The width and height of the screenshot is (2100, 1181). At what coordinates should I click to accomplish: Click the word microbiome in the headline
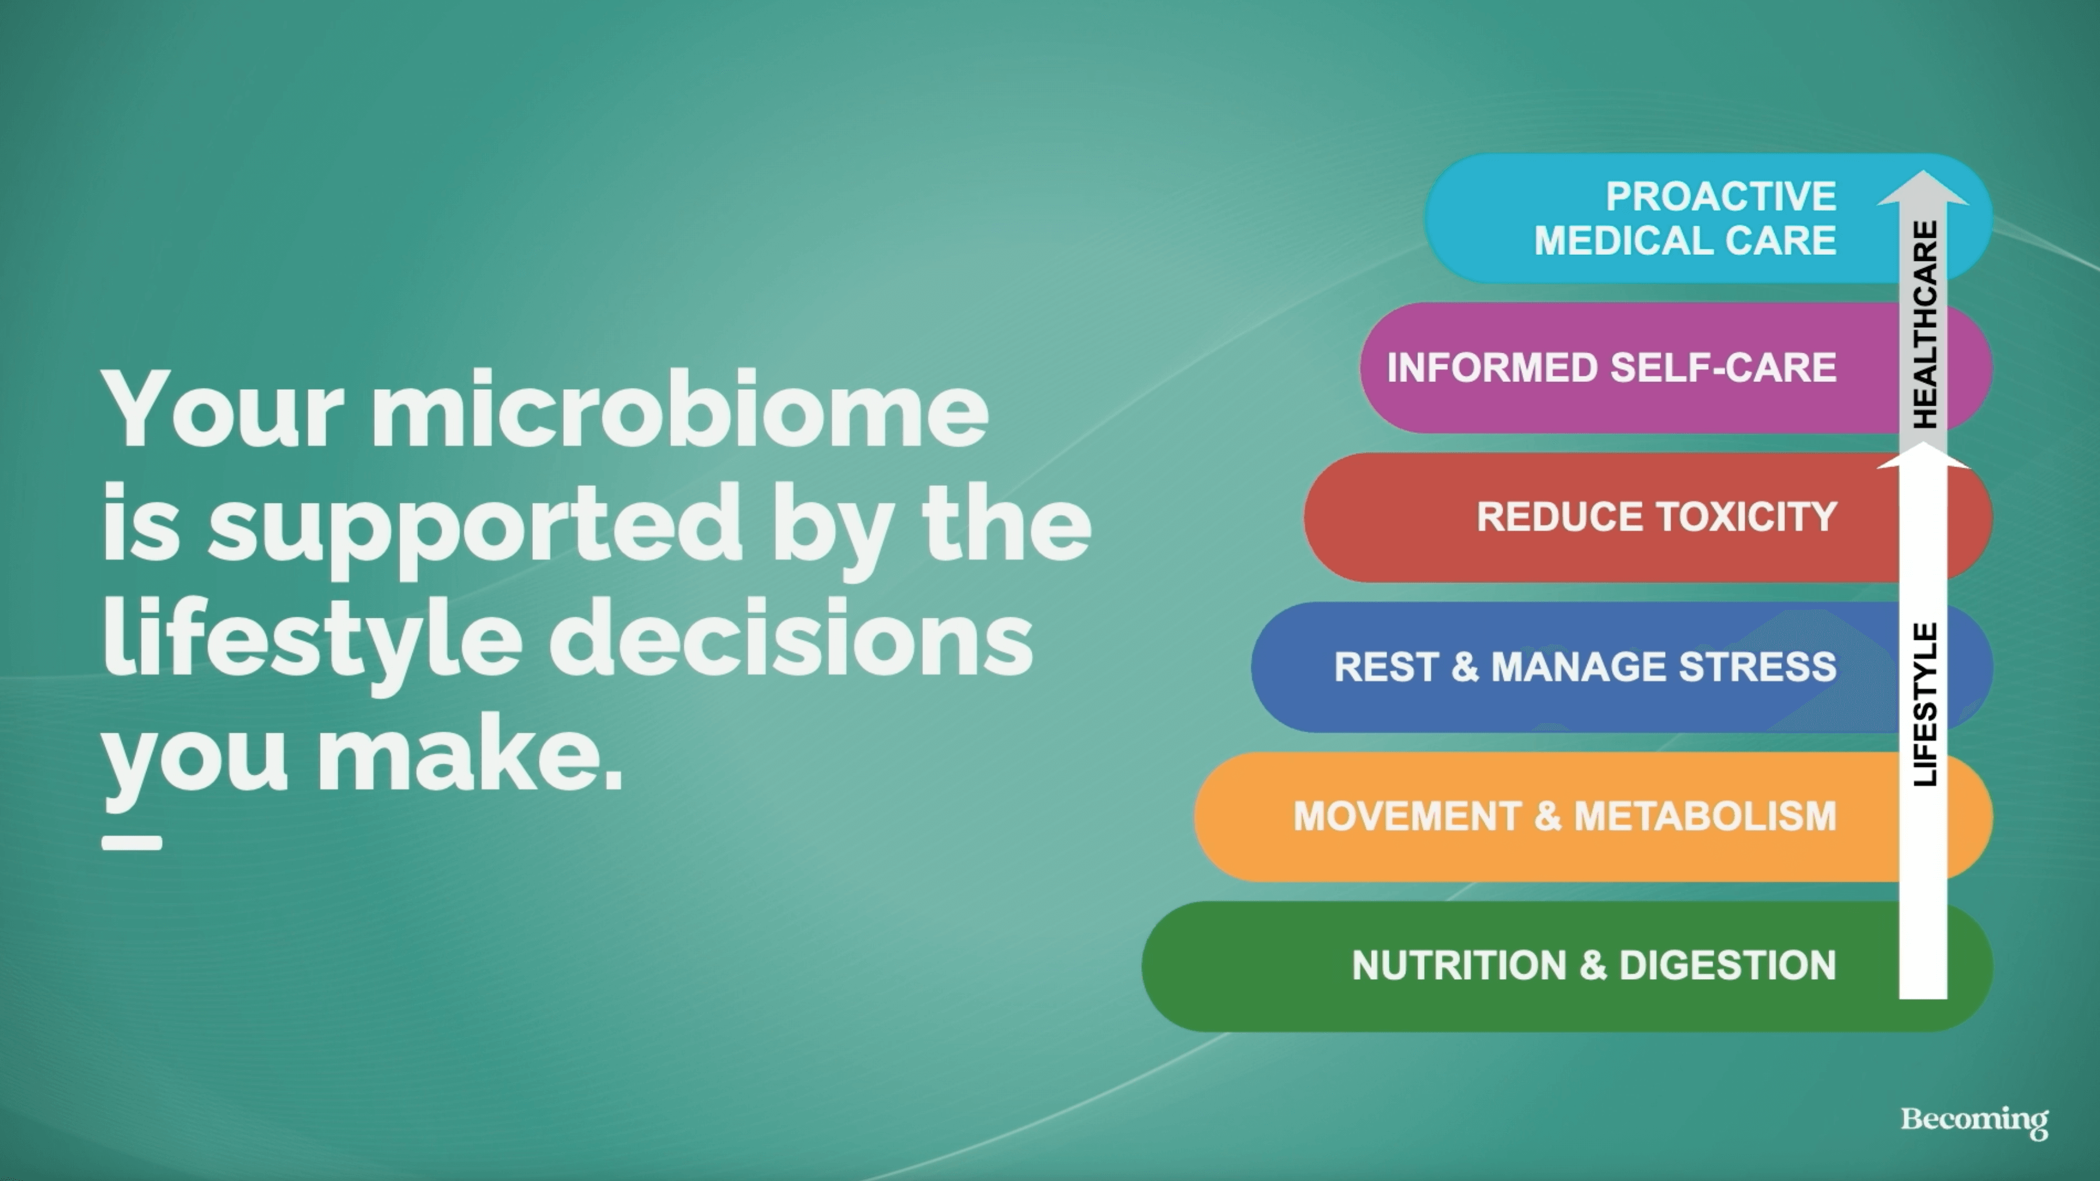click(681, 407)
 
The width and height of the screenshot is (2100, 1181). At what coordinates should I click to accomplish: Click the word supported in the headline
click(475, 525)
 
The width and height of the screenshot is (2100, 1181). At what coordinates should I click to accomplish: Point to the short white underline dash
click(131, 843)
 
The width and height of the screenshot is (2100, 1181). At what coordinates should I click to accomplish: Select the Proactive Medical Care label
click(1685, 218)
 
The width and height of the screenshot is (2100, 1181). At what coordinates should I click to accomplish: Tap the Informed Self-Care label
click(1612, 367)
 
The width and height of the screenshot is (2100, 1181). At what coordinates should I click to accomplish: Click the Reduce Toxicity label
click(1657, 517)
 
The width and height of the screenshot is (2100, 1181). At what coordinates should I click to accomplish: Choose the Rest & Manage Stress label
click(1585, 667)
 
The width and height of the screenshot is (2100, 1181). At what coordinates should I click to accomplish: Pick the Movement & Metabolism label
click(1565, 816)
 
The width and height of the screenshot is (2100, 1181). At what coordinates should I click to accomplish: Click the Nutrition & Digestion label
click(1594, 965)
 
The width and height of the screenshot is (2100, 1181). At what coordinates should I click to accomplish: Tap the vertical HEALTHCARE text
click(1925, 324)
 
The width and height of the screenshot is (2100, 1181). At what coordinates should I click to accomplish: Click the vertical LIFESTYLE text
click(1925, 704)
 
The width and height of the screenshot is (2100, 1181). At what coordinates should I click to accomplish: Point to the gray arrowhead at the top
click(1923, 189)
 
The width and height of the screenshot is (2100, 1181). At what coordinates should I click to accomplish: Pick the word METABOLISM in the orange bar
click(1705, 816)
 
